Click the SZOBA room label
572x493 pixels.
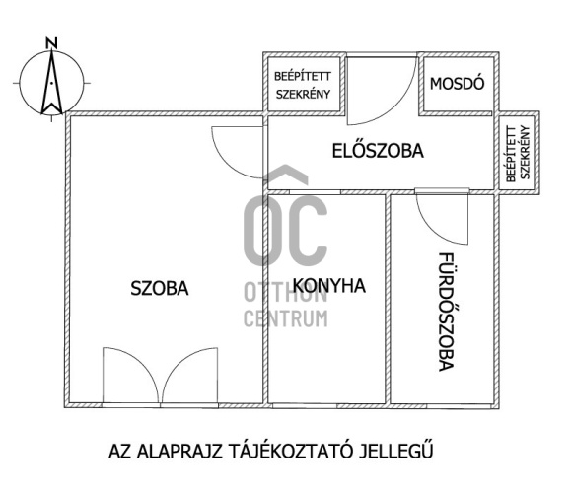[x=160, y=289]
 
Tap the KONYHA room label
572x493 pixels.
[x=329, y=286]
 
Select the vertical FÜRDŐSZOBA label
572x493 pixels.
[x=445, y=311]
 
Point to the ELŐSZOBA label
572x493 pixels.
[x=377, y=152]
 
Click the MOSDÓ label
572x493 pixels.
[x=457, y=83]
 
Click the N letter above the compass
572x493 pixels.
[x=51, y=42]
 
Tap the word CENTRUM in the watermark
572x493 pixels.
[x=285, y=317]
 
